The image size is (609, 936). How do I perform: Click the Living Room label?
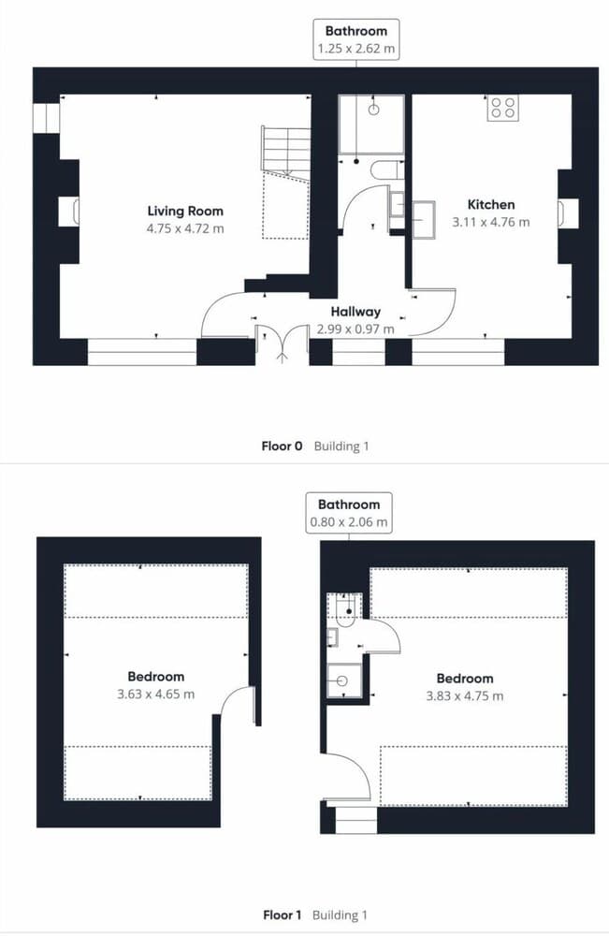click(x=185, y=211)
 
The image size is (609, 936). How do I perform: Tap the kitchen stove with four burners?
click(x=502, y=108)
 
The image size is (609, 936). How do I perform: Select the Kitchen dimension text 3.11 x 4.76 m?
click(x=491, y=222)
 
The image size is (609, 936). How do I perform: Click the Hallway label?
click(x=355, y=312)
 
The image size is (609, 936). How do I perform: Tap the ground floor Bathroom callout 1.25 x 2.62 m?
click(x=356, y=40)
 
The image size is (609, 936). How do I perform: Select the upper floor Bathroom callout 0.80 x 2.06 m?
click(x=349, y=513)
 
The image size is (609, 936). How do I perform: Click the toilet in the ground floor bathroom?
click(x=384, y=170)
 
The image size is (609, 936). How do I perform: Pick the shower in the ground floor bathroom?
click(x=371, y=124)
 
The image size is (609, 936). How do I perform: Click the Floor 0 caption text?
click(x=283, y=446)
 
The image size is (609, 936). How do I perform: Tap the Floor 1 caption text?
click(x=283, y=914)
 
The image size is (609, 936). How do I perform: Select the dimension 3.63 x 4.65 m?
click(x=155, y=695)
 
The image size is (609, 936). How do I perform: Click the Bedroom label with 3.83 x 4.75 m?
click(x=465, y=678)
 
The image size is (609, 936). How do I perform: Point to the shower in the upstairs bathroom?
click(x=344, y=680)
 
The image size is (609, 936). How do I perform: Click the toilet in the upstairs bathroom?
click(x=346, y=610)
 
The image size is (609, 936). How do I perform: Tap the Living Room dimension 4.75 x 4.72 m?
click(x=185, y=228)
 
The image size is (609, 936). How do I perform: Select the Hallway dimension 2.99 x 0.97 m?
click(x=355, y=329)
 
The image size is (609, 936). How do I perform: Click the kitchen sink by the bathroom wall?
click(x=423, y=220)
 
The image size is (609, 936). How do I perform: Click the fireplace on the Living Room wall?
click(x=68, y=212)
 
